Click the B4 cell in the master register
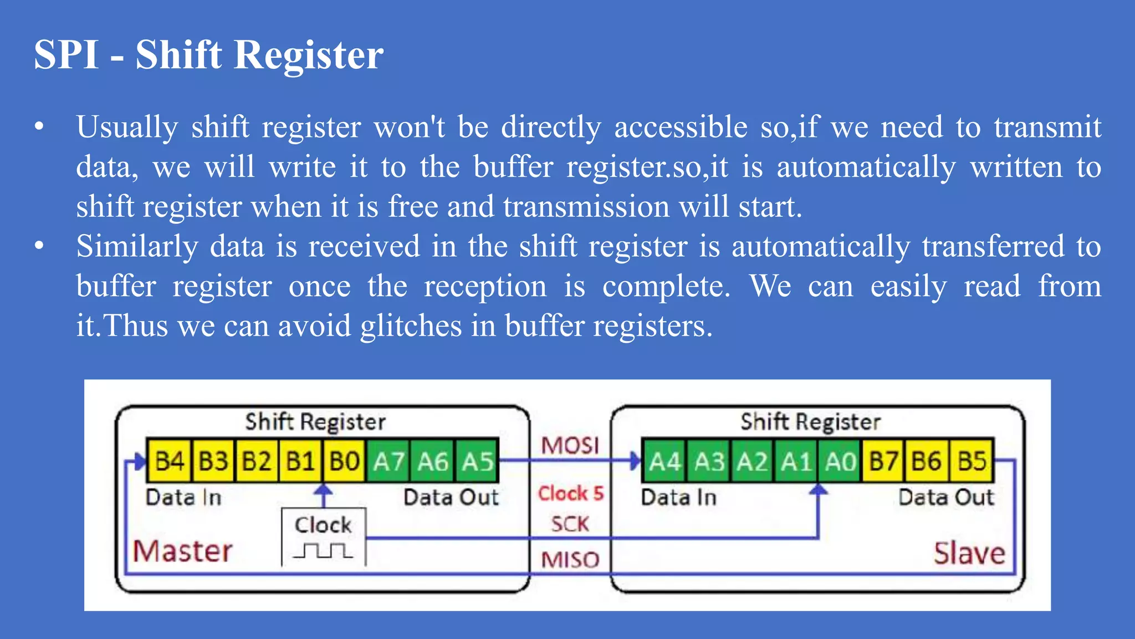tap(169, 461)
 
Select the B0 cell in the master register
tap(345, 461)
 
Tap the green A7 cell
tap(388, 461)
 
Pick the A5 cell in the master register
tap(477, 461)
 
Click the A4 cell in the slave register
tap(664, 461)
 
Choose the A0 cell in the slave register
tap(840, 461)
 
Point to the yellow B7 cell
tap(883, 461)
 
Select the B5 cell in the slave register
tap(972, 461)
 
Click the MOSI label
tap(570, 445)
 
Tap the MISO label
tap(570, 560)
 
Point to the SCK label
tap(570, 524)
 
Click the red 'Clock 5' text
tap(570, 493)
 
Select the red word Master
tap(182, 551)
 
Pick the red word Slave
tap(969, 553)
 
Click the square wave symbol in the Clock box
tap(323, 551)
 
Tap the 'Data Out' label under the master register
tap(451, 498)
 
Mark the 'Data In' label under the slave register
tap(678, 498)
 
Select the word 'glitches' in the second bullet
tap(411, 326)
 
